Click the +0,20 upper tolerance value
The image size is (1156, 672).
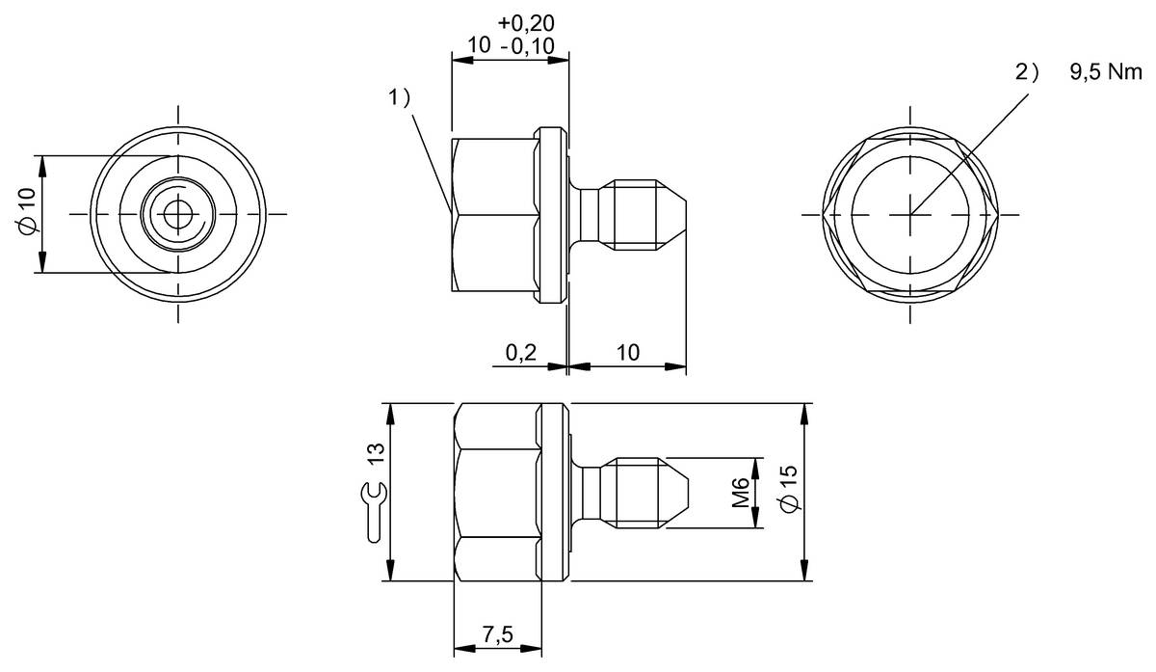(x=526, y=23)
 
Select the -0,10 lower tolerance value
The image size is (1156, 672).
(x=528, y=46)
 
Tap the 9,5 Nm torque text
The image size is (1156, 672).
(x=1106, y=72)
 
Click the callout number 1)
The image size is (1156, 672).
(x=399, y=97)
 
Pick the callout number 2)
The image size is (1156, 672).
(x=1027, y=72)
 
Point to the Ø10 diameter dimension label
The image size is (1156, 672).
(x=27, y=210)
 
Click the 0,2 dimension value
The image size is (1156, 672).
(x=521, y=353)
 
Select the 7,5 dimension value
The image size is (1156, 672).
(x=498, y=634)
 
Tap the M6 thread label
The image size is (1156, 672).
(x=741, y=493)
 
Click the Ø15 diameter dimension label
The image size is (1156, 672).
(x=789, y=488)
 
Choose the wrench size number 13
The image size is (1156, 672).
(x=378, y=453)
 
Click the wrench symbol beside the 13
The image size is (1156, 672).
(x=373, y=512)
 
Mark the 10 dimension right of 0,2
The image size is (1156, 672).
(x=628, y=353)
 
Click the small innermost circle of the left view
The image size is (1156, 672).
(x=178, y=214)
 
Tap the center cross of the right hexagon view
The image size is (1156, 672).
(x=909, y=214)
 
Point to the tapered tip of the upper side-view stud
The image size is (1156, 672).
(x=671, y=215)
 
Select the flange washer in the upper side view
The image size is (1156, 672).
(x=550, y=215)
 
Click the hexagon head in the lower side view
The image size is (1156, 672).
(x=497, y=493)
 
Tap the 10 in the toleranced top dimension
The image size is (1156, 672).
(x=479, y=45)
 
